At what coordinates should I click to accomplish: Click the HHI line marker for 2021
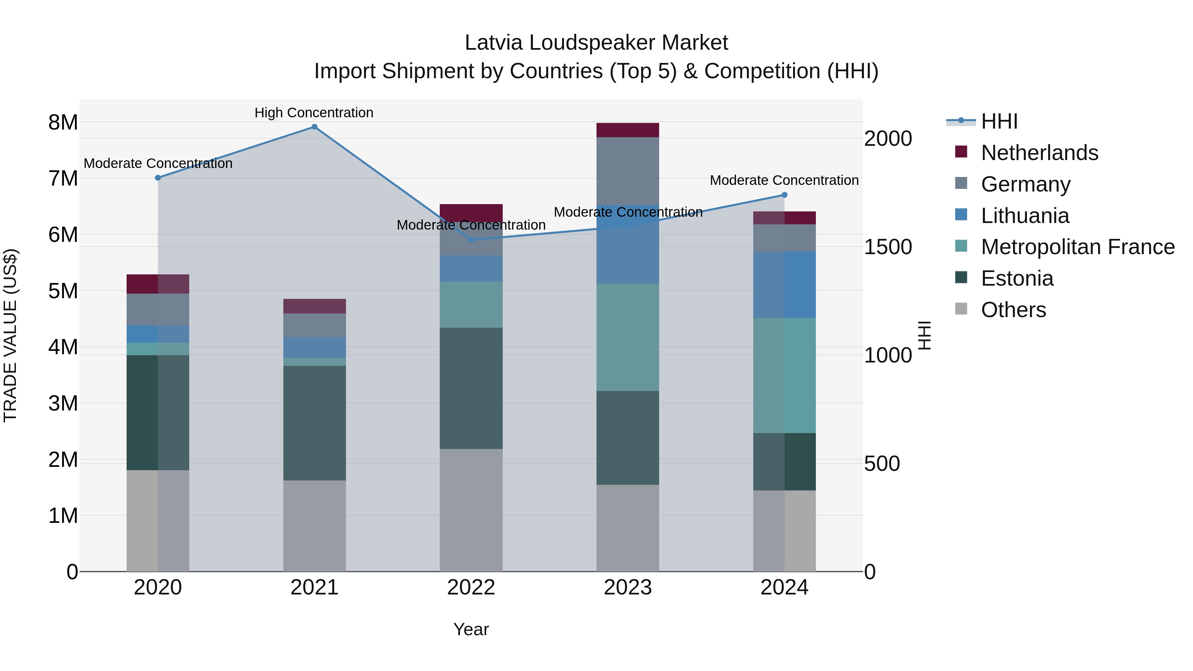point(314,127)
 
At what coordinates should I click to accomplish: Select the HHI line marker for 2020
point(158,178)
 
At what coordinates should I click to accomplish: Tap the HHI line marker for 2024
point(784,195)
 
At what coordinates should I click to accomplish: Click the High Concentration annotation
point(314,113)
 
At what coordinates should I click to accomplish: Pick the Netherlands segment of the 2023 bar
point(628,130)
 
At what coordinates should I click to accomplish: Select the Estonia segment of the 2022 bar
point(471,388)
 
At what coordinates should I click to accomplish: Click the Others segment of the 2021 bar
point(314,526)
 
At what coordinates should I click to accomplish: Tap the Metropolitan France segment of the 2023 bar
point(628,337)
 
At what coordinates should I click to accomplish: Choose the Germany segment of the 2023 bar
point(628,171)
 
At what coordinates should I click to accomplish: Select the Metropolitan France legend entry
point(1077,247)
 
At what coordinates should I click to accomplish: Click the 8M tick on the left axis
point(63,123)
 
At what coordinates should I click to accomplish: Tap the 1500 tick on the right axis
point(888,247)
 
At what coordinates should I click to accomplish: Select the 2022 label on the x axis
point(471,587)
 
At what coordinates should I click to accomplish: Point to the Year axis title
point(471,629)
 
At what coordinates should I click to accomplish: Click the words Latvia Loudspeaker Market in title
point(596,43)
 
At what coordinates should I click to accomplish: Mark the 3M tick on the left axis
point(63,403)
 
